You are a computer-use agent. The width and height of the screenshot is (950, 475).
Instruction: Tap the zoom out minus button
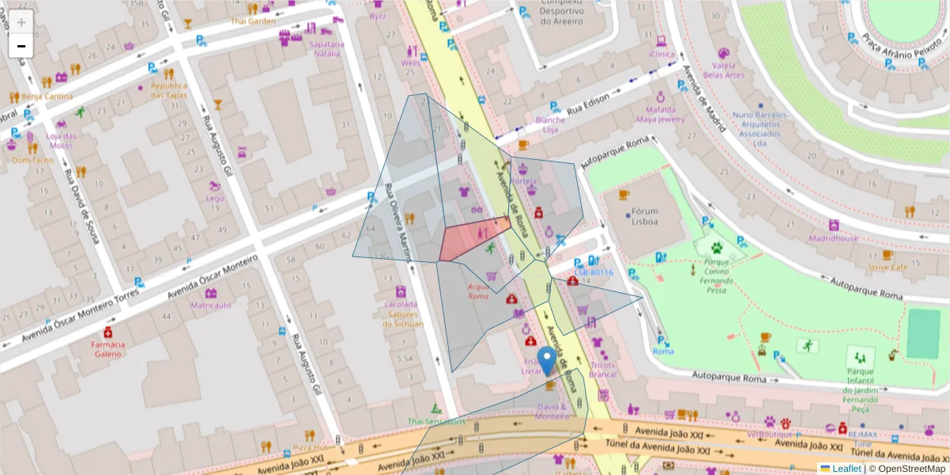coord(21,46)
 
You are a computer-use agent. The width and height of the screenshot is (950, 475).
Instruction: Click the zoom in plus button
coord(21,22)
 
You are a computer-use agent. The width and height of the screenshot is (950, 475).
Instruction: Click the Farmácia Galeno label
coord(108,349)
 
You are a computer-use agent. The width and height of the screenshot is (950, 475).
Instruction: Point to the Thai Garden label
coord(253,21)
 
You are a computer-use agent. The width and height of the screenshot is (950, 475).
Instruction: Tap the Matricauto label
coord(211,305)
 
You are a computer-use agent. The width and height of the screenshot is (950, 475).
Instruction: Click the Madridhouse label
coord(833,238)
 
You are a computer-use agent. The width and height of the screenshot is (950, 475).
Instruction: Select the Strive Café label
coord(887,268)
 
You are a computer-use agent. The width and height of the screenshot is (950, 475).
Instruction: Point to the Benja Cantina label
coord(47,97)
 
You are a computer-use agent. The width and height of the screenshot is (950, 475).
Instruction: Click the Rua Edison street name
coord(587,100)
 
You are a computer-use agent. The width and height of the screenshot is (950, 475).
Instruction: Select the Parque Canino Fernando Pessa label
coord(716,275)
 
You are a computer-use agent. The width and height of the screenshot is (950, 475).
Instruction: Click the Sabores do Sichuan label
coord(400,318)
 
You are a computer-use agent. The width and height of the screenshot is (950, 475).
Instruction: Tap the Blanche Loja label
coord(551,124)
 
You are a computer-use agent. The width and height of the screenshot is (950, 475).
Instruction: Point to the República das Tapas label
coord(169,90)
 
